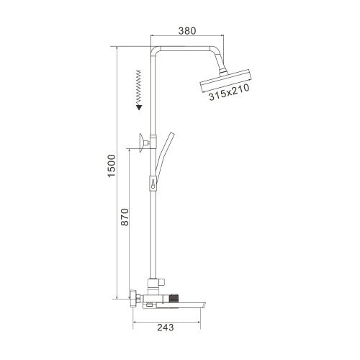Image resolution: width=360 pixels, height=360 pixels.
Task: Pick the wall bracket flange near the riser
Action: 138,145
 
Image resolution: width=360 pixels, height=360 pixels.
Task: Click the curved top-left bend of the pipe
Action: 156,53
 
